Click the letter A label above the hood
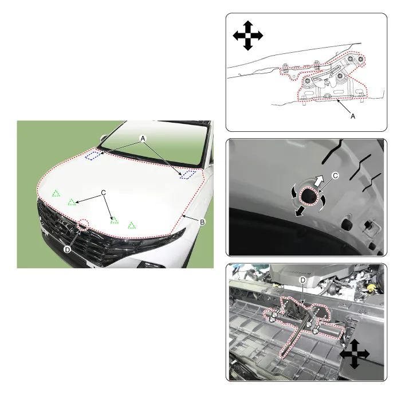pyautogui.click(x=143, y=139)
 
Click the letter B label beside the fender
pyautogui.click(x=202, y=222)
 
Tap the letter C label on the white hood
pyautogui.click(x=103, y=193)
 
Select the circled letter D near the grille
pyautogui.click(x=67, y=249)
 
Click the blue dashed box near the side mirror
pyautogui.click(x=93, y=155)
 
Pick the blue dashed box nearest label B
pyautogui.click(x=187, y=175)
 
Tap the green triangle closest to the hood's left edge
pyautogui.click(x=56, y=193)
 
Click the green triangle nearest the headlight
pyautogui.click(x=132, y=225)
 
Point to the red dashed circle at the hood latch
pyautogui.click(x=83, y=225)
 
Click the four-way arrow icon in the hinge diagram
pyautogui.click(x=248, y=36)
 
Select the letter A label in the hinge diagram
pyautogui.click(x=353, y=116)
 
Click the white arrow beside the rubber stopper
pyautogui.click(x=318, y=181)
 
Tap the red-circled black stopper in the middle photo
pyautogui.click(x=310, y=196)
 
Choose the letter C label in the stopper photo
pyautogui.click(x=335, y=175)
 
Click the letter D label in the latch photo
pyautogui.click(x=302, y=280)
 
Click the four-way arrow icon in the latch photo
pyautogui.click(x=354, y=354)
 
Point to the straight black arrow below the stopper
pyautogui.click(x=300, y=212)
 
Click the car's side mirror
pyautogui.click(x=103, y=139)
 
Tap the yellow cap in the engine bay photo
pyautogui.click(x=371, y=289)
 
